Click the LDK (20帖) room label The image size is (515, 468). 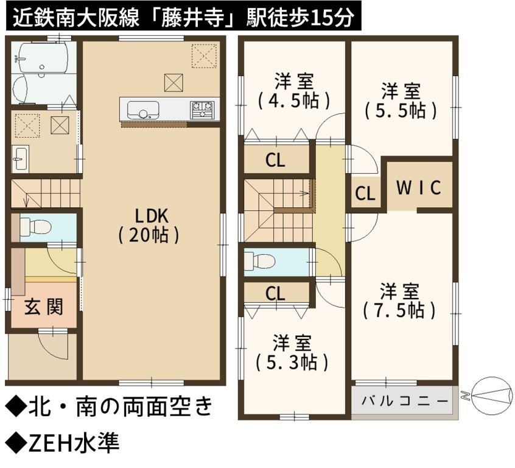(x=149, y=225)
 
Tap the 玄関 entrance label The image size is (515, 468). (x=44, y=308)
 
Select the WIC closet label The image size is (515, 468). (x=419, y=188)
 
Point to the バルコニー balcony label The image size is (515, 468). (x=405, y=401)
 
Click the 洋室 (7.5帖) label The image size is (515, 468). (x=399, y=300)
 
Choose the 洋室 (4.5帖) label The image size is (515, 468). (x=294, y=91)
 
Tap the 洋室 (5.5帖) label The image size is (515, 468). (x=401, y=101)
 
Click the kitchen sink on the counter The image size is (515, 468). (x=143, y=110)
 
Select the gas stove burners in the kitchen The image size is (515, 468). (x=202, y=110)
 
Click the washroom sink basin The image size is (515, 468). (x=20, y=158)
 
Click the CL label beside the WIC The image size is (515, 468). (x=365, y=193)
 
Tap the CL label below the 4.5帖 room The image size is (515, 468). (x=275, y=161)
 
